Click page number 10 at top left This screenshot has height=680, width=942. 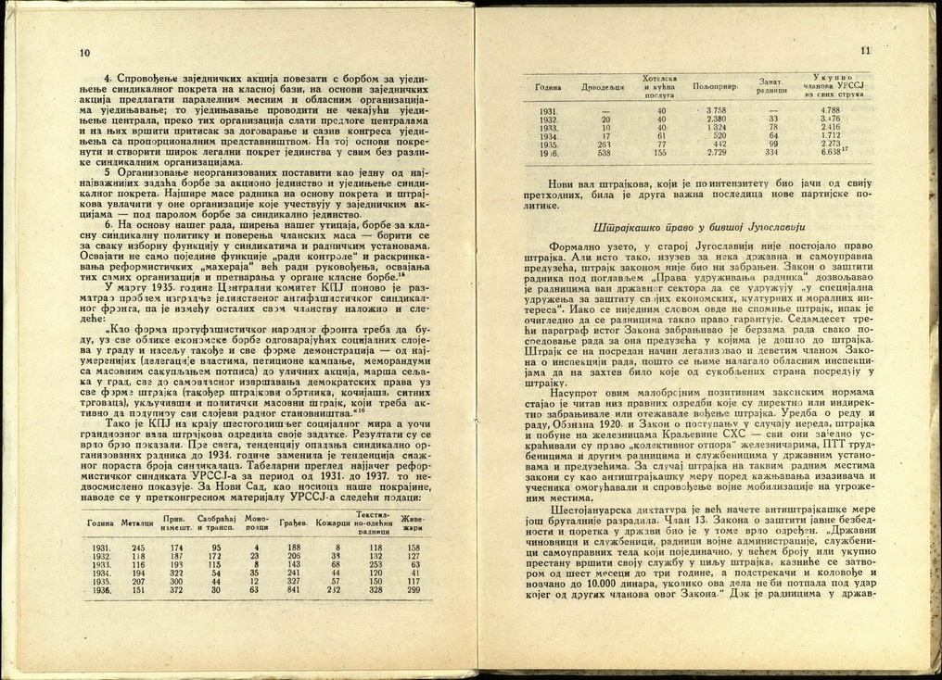point(84,52)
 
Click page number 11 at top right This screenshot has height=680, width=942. point(866,51)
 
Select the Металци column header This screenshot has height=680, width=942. point(137,523)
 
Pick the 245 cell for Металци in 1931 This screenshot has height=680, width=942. point(138,548)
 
